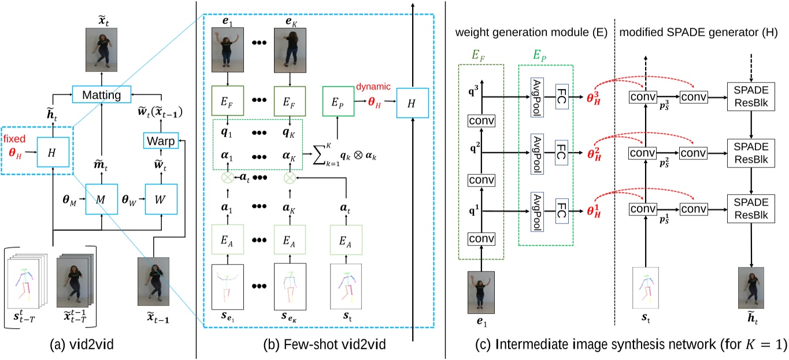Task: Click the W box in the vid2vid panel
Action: pos(161,198)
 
